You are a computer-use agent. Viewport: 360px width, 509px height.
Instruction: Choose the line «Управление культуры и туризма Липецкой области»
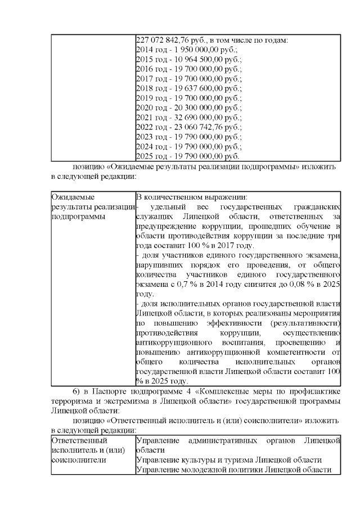[229, 460]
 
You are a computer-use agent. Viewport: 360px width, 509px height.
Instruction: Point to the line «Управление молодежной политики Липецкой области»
[234, 470]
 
